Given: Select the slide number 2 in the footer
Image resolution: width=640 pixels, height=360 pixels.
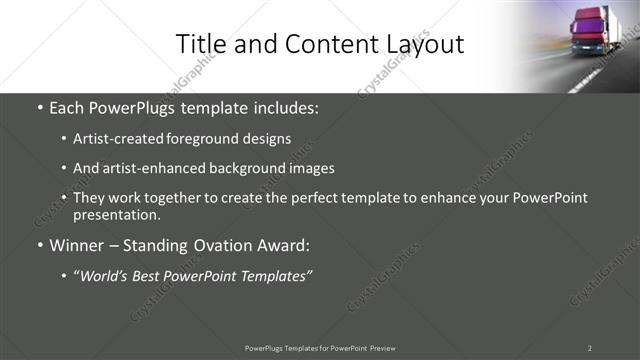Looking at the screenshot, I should [x=590, y=347].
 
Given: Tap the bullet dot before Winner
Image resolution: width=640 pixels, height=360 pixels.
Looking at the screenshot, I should [x=39, y=245].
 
